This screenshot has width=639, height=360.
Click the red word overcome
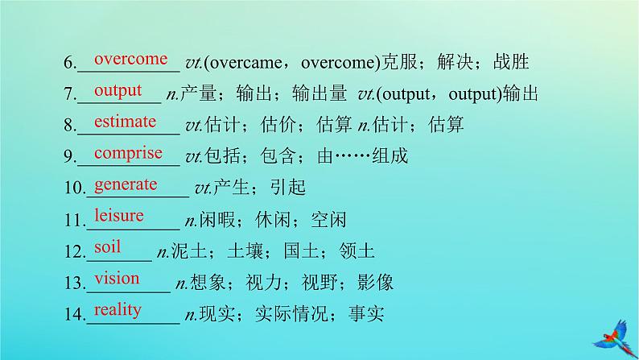click(131, 59)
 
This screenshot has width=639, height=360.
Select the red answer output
click(117, 91)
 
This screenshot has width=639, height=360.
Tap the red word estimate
click(125, 122)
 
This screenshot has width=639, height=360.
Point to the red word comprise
click(129, 154)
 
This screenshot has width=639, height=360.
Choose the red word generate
click(126, 185)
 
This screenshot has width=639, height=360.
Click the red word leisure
click(119, 215)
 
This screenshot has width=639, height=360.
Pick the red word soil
click(107, 246)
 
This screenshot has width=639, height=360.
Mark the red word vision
click(117, 279)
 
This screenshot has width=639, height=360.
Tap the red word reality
click(117, 310)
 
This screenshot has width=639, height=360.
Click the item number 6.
click(70, 63)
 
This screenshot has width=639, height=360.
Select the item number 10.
click(75, 188)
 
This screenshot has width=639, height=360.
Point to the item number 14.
click(75, 314)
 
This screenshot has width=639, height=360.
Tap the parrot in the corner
click(616, 338)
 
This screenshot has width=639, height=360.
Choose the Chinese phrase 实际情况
click(291, 314)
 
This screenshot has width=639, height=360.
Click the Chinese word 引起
click(288, 188)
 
